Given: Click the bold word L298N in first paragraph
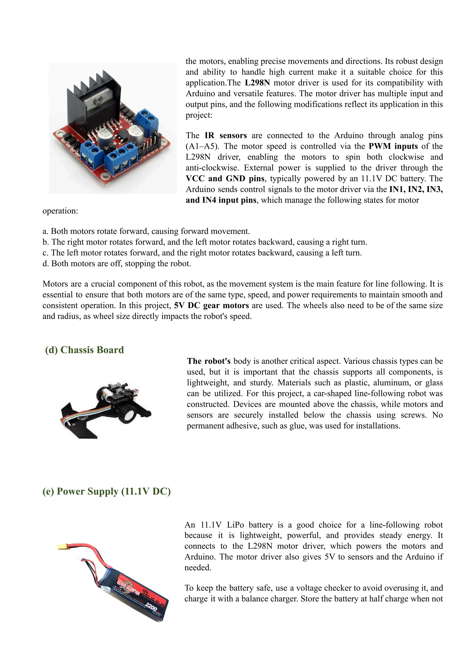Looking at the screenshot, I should click(x=257, y=83).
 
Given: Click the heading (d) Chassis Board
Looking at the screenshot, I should click(x=84, y=350).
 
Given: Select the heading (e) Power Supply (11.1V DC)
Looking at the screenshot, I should click(x=106, y=491).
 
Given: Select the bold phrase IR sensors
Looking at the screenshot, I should click(x=225, y=135).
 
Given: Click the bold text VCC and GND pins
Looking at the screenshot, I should click(x=225, y=179).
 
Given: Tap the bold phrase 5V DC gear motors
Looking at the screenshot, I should click(x=211, y=305).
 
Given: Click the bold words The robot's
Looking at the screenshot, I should click(x=209, y=361).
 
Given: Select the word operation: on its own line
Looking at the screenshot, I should click(x=60, y=211).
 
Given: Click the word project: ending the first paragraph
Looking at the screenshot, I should click(x=199, y=115).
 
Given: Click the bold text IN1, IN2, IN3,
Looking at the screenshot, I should click(x=416, y=190).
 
